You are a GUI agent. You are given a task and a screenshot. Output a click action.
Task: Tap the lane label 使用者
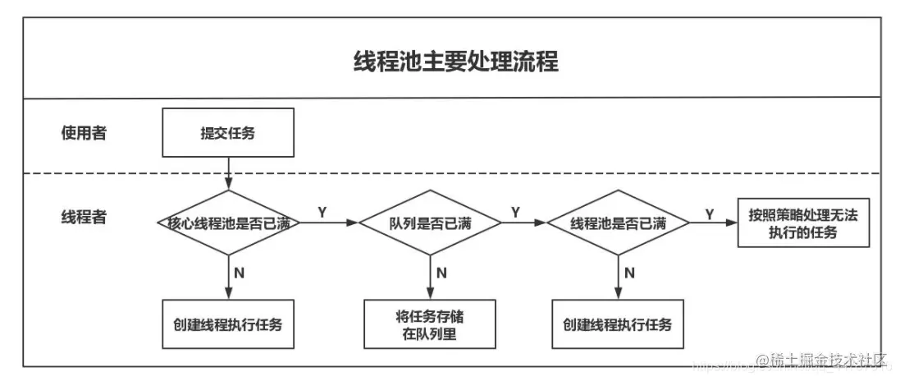(83, 133)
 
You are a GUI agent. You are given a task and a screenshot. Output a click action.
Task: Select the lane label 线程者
(83, 218)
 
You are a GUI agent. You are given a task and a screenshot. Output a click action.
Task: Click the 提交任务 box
(227, 134)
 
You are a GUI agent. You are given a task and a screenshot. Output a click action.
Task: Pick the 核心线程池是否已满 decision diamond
(228, 223)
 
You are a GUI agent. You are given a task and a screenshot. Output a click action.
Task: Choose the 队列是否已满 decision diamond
(431, 223)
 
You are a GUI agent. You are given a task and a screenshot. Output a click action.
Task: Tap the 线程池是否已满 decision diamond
(617, 223)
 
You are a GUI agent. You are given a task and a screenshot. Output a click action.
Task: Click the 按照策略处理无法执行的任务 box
(802, 223)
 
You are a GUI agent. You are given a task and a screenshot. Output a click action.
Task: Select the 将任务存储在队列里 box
(430, 324)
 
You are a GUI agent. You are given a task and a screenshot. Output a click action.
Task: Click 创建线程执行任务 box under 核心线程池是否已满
(227, 324)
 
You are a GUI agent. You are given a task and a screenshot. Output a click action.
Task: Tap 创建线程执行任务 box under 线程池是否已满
(617, 324)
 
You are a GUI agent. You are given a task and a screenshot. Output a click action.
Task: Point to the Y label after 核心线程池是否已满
(322, 212)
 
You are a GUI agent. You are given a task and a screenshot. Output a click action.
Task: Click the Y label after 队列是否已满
(515, 212)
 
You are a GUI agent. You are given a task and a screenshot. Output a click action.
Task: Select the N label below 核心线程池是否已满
(239, 273)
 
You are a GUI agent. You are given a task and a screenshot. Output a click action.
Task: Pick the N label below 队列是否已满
(441, 273)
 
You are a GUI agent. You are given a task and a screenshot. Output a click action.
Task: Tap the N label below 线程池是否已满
(628, 273)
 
